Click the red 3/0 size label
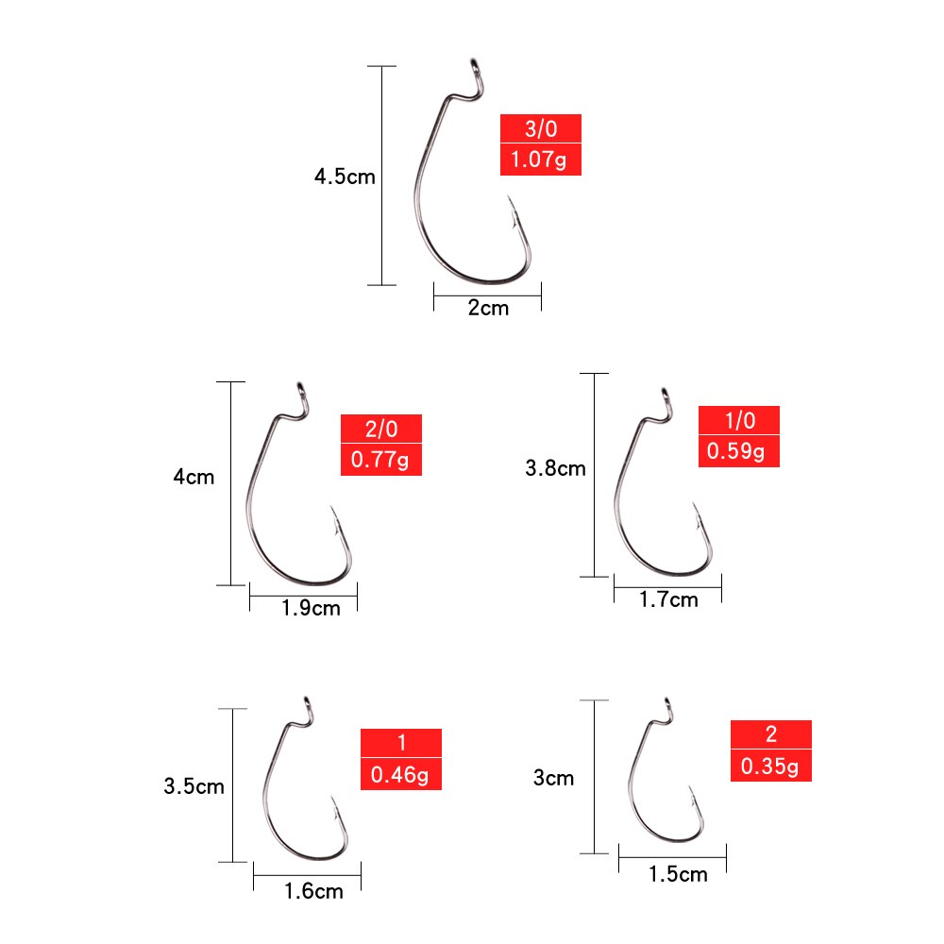(x=540, y=129)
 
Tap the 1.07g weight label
(x=540, y=160)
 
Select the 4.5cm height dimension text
(x=345, y=177)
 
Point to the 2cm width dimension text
(x=488, y=308)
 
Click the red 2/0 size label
(x=380, y=430)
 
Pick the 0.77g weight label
(x=380, y=460)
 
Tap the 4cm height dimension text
(x=194, y=477)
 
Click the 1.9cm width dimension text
(x=311, y=608)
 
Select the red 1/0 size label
(x=738, y=421)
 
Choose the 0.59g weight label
(x=738, y=451)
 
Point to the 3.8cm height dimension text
(x=555, y=467)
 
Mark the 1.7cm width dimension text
(x=668, y=599)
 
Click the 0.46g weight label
(x=400, y=775)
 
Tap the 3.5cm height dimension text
(x=194, y=785)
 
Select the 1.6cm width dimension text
(x=313, y=890)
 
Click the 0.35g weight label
(x=770, y=766)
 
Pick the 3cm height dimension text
(x=553, y=778)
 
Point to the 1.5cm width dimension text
(x=678, y=874)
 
